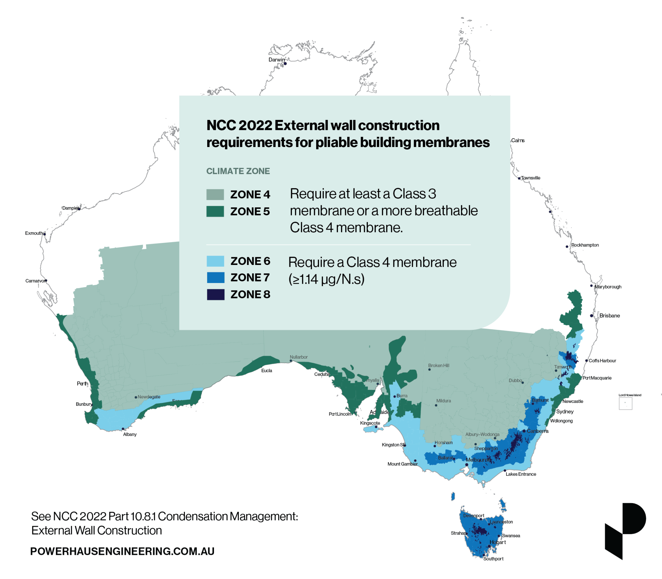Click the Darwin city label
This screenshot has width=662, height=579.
pyautogui.click(x=276, y=60)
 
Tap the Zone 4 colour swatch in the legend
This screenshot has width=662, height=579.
pyautogui.click(x=215, y=195)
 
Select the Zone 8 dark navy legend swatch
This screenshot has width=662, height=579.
pyautogui.click(x=216, y=294)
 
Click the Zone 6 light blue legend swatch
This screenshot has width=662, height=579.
pyautogui.click(x=215, y=261)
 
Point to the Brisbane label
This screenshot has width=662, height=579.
pyautogui.click(x=609, y=316)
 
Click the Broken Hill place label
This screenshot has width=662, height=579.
pyautogui.click(x=438, y=365)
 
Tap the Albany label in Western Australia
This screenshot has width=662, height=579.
pyautogui.click(x=130, y=434)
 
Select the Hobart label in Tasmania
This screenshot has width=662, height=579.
pyautogui.click(x=497, y=542)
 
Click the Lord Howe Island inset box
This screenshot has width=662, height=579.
pyautogui.click(x=625, y=403)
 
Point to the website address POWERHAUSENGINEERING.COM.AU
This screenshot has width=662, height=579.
pyautogui.click(x=122, y=551)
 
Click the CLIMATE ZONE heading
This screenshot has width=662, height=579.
pyautogui.click(x=238, y=171)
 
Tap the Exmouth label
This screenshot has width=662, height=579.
pyautogui.click(x=34, y=233)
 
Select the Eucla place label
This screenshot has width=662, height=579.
pyautogui.click(x=266, y=371)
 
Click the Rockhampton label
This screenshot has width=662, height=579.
pyautogui.click(x=585, y=245)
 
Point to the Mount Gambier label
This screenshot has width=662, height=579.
pyautogui.click(x=402, y=464)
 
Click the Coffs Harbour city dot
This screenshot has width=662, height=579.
pyautogui.click(x=586, y=361)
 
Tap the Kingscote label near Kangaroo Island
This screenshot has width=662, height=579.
pyautogui.click(x=370, y=423)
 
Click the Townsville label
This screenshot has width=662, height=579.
pyautogui.click(x=530, y=178)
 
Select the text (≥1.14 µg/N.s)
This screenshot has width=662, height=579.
pyautogui.click(x=326, y=279)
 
